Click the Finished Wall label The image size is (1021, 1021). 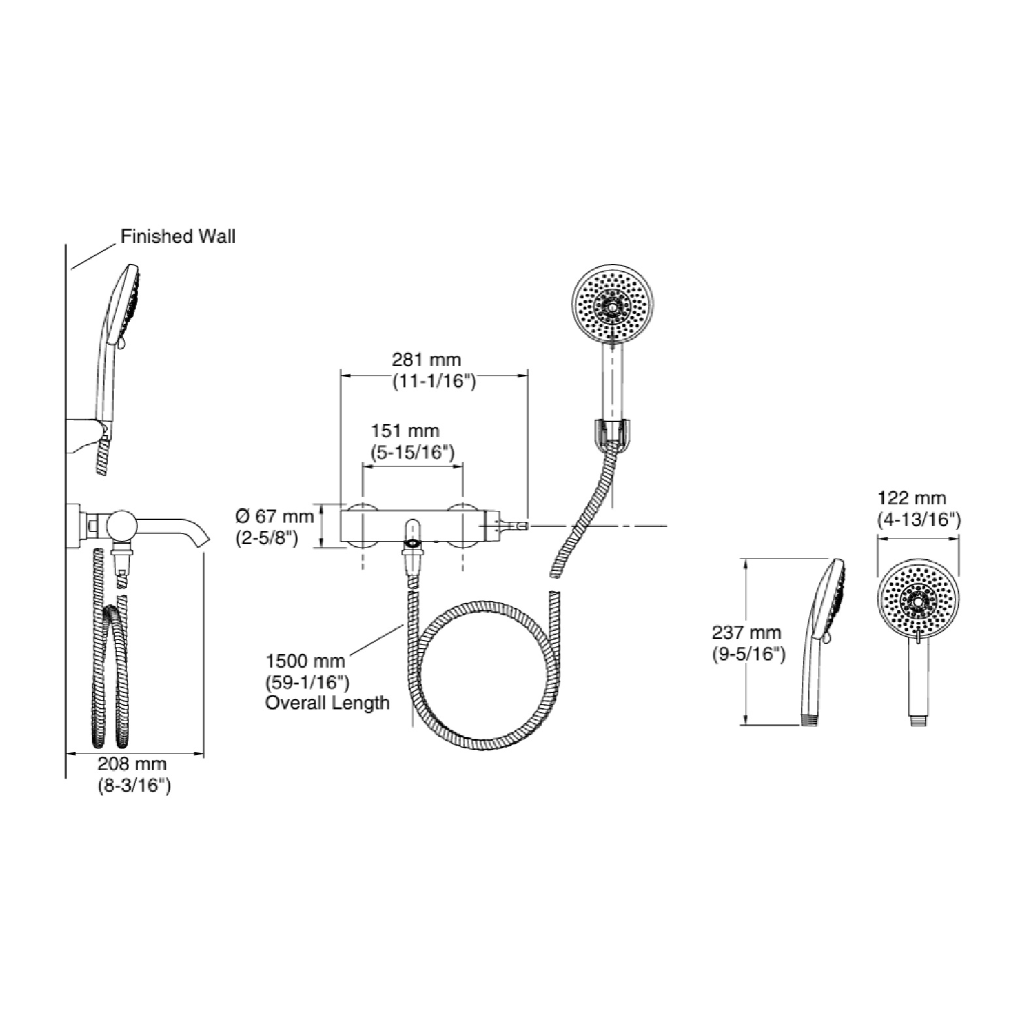click(178, 236)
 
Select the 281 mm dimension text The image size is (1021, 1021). click(426, 359)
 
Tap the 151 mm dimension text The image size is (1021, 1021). click(405, 431)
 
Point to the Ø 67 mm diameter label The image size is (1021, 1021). click(274, 516)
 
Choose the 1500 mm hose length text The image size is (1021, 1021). click(305, 662)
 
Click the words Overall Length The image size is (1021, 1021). click(327, 703)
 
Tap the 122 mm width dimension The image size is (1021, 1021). click(911, 498)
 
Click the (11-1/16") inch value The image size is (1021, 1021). click(434, 381)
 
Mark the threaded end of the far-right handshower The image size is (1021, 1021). click(918, 721)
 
